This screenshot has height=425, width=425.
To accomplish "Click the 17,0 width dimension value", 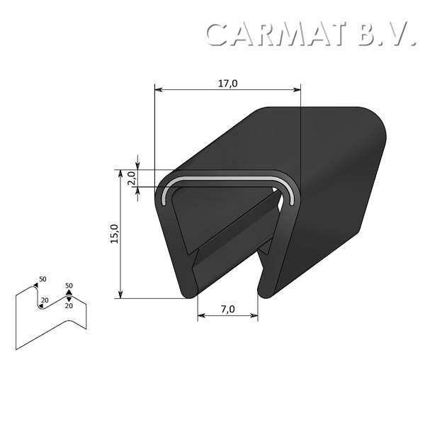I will point(227,84).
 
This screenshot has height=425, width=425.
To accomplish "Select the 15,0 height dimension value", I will point(114,234).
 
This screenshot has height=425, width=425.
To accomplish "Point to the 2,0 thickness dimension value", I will point(131,177).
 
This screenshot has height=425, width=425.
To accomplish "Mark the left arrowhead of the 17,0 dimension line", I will point(158,90).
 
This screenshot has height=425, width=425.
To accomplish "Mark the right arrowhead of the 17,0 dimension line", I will point(297,90).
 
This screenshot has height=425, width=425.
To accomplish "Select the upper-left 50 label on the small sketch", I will point(42,279).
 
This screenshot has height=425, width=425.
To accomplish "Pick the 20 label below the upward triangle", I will point(69,306).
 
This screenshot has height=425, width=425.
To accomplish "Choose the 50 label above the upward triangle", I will point(69,285).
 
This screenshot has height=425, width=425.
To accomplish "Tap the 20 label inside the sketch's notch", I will point(45,301).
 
